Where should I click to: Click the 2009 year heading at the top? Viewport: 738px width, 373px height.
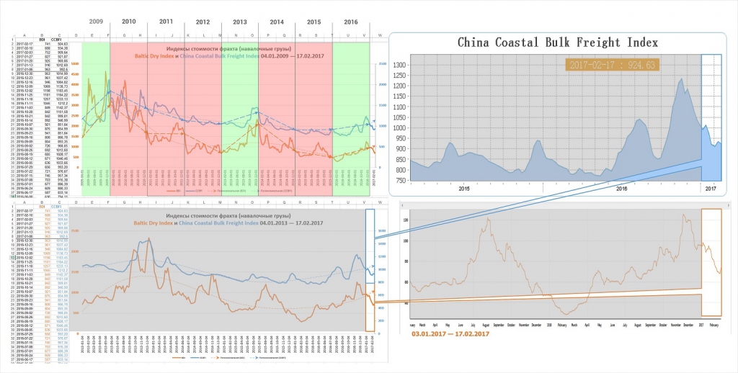96,22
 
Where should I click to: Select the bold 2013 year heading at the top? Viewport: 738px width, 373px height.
239,22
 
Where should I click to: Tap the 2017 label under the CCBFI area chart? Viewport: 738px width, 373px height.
711,189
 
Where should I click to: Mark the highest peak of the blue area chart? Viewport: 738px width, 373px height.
680,78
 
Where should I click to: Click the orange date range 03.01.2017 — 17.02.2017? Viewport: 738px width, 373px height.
450,334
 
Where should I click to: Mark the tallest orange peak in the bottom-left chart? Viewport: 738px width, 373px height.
149,238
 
